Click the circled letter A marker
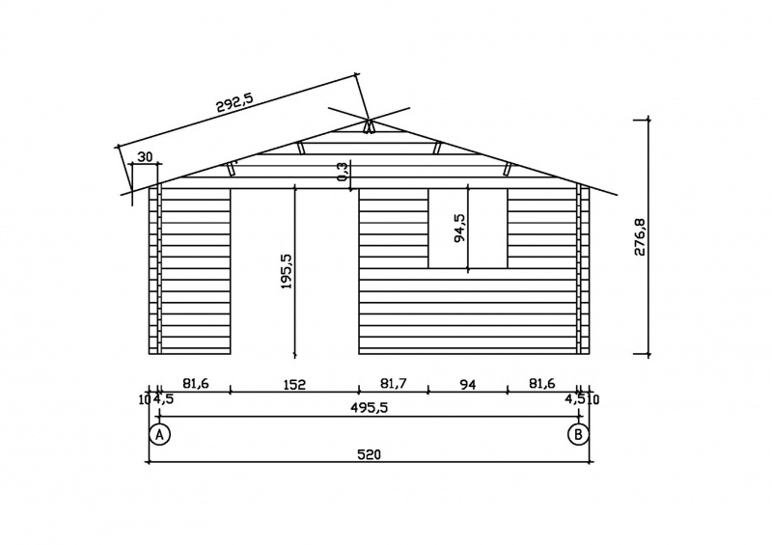159,434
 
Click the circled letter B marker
578,434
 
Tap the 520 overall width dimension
369,454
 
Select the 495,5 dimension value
370,408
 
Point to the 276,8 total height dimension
640,236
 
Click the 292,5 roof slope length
234,103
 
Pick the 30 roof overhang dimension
145,157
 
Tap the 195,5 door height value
287,271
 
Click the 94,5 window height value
460,228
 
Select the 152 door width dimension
294,384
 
